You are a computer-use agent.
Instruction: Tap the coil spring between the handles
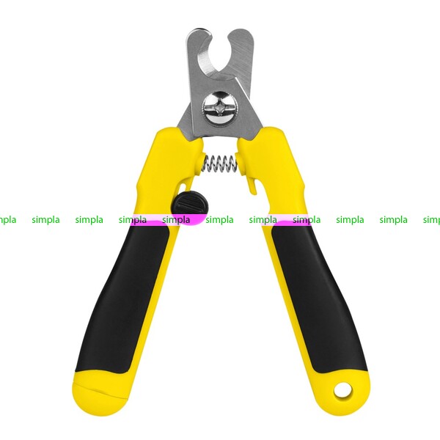[x=219, y=164]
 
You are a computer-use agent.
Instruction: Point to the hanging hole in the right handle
[x=342, y=390]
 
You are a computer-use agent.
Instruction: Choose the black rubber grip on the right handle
[x=318, y=298]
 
